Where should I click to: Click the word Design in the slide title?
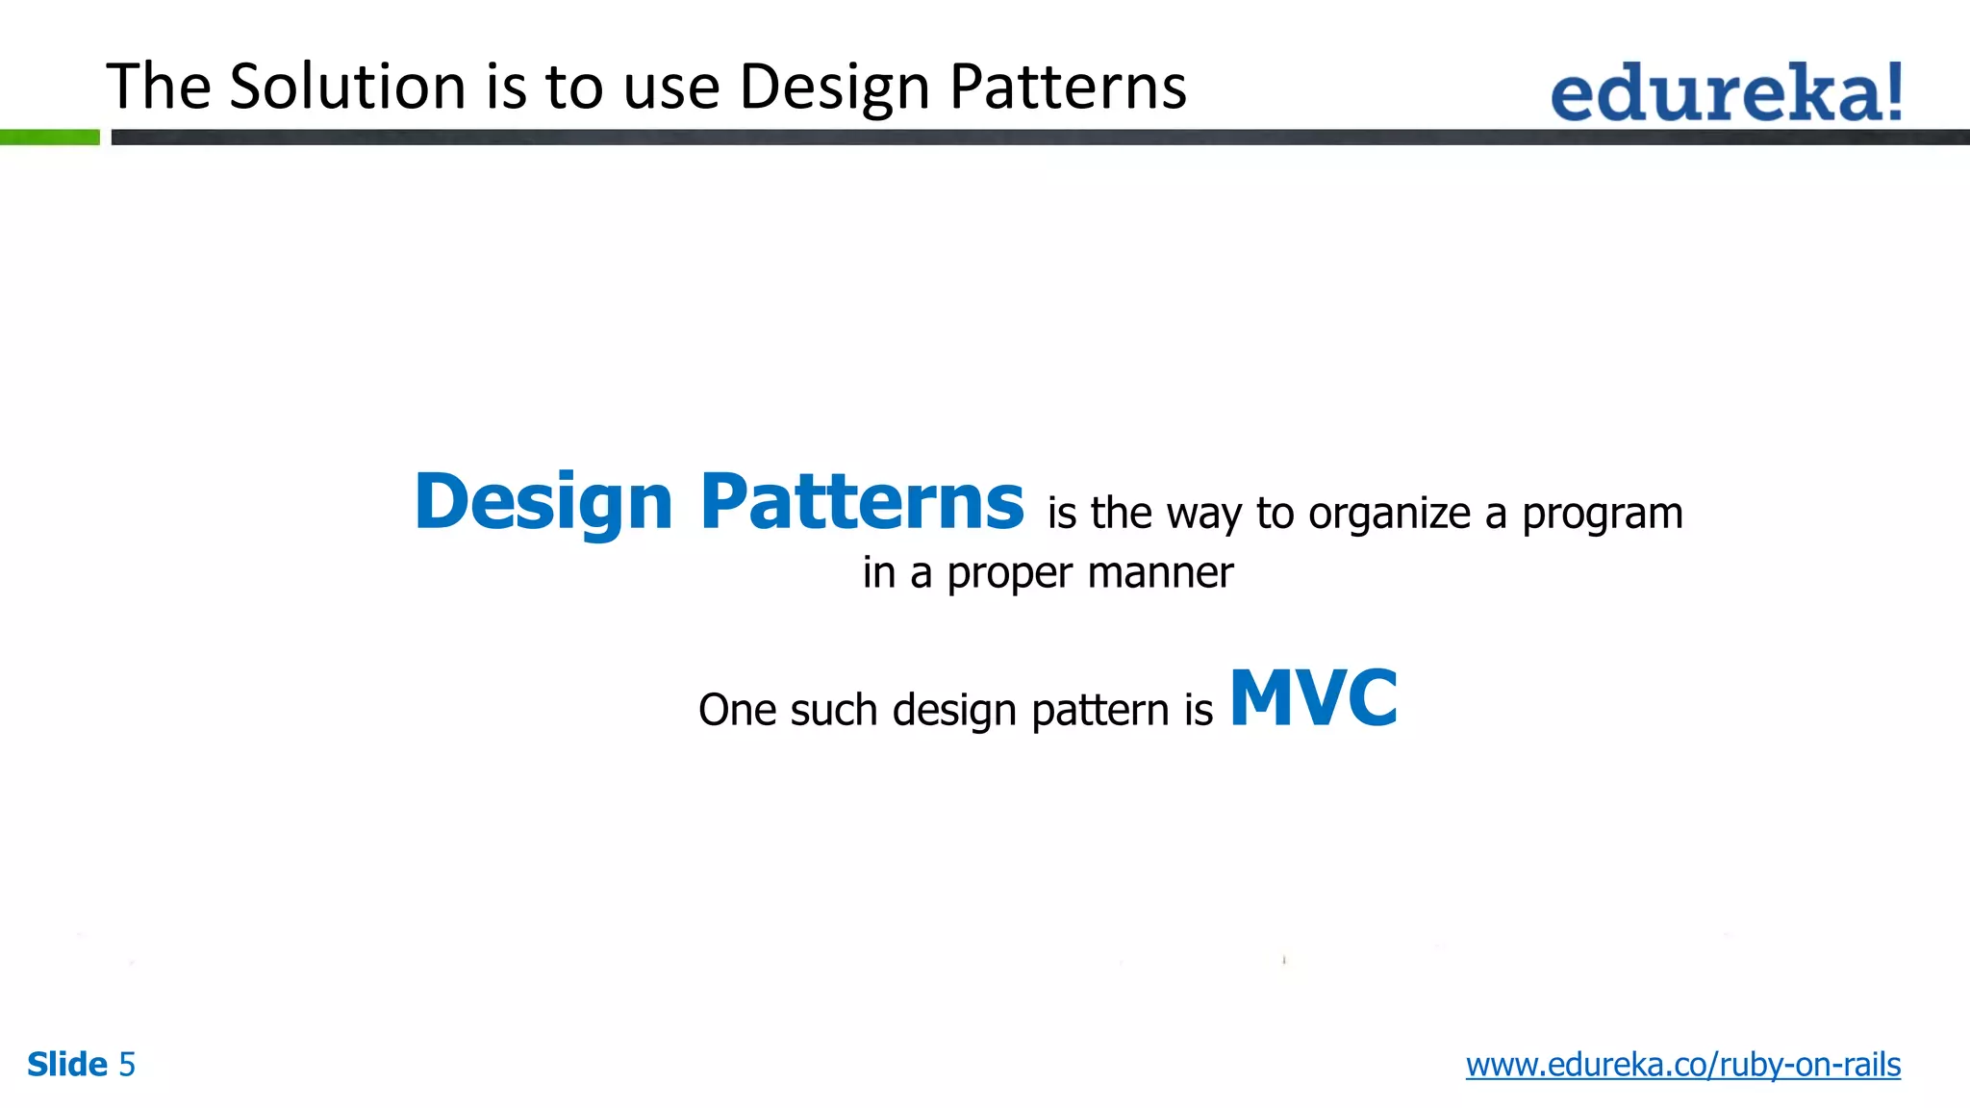point(834,87)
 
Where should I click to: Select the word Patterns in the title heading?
point(1068,87)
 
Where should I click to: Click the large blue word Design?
point(543,503)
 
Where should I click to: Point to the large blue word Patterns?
point(862,501)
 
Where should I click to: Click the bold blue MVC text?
point(1313,699)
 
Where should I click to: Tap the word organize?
point(1389,515)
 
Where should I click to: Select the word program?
point(1602,515)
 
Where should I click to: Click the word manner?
point(1160,573)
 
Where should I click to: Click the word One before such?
point(737,711)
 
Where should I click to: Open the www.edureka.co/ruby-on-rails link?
point(1682,1065)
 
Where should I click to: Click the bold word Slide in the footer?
point(67,1065)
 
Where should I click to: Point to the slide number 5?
point(127,1065)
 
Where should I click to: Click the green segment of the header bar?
point(49,138)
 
